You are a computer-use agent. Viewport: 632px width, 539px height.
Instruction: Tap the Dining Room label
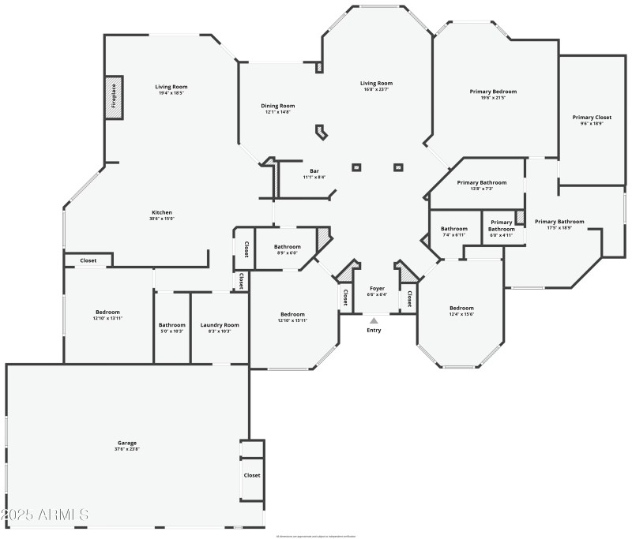pyautogui.click(x=277, y=106)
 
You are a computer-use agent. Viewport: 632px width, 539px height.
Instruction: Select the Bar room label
pyautogui.click(x=314, y=170)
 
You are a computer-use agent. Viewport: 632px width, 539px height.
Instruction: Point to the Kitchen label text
pyautogui.click(x=162, y=212)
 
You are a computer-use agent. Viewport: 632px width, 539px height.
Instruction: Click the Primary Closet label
pyautogui.click(x=592, y=118)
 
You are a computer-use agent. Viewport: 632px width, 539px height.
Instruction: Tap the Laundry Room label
pyautogui.click(x=220, y=325)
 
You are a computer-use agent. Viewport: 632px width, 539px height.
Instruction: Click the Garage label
pyautogui.click(x=127, y=444)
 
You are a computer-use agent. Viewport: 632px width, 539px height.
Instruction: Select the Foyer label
pyautogui.click(x=377, y=288)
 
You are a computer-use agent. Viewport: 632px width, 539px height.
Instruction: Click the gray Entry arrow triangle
pyautogui.click(x=374, y=320)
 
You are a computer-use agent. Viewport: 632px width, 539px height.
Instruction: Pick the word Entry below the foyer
pyautogui.click(x=374, y=330)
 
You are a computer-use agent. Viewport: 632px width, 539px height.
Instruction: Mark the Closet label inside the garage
pyautogui.click(x=252, y=475)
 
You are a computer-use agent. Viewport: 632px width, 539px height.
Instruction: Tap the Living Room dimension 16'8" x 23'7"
pyautogui.click(x=376, y=89)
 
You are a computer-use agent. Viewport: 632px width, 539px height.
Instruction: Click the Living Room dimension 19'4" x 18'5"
pyautogui.click(x=171, y=93)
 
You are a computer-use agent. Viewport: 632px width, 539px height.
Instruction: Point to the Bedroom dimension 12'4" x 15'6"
pyautogui.click(x=461, y=314)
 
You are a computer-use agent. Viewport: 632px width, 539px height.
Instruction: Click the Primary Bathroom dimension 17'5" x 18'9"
pyautogui.click(x=559, y=228)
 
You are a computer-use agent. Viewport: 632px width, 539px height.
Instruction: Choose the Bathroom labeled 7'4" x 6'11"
pyautogui.click(x=454, y=234)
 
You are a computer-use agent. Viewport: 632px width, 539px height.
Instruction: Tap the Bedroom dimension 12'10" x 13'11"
pyautogui.click(x=107, y=317)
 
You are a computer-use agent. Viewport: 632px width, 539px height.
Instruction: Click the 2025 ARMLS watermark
pyautogui.click(x=45, y=515)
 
